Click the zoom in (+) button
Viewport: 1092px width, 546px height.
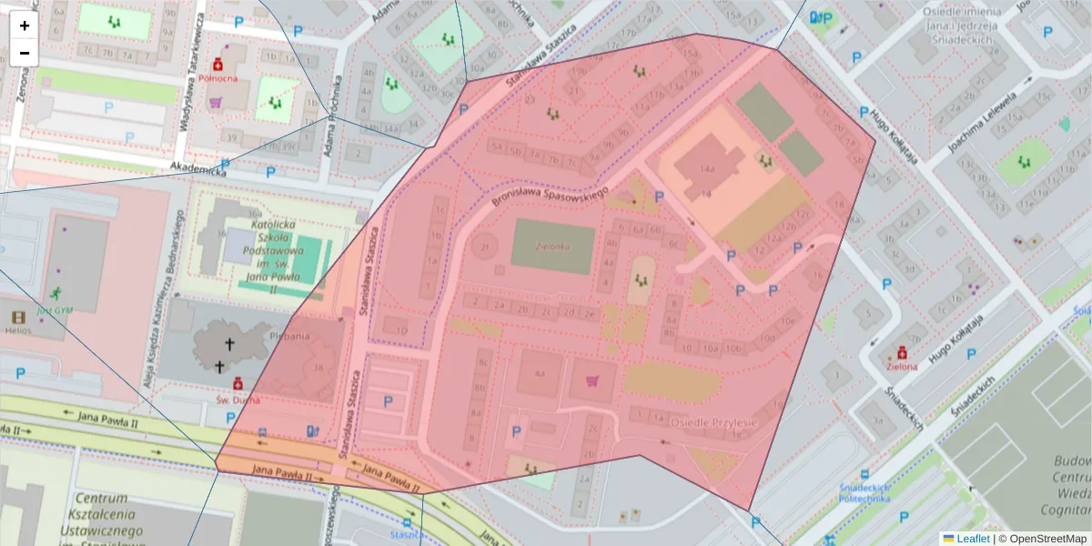25,25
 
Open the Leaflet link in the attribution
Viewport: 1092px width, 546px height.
973,539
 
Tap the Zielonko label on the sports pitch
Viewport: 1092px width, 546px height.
551,246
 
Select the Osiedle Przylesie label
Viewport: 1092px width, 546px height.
713,423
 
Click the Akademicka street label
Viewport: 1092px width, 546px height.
197,168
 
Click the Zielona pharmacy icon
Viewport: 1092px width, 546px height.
902,353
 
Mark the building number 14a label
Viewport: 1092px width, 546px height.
707,169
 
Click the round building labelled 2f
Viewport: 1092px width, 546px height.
485,247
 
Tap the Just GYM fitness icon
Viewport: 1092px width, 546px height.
56,293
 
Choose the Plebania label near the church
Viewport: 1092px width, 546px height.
290,336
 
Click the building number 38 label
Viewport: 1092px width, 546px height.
318,367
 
